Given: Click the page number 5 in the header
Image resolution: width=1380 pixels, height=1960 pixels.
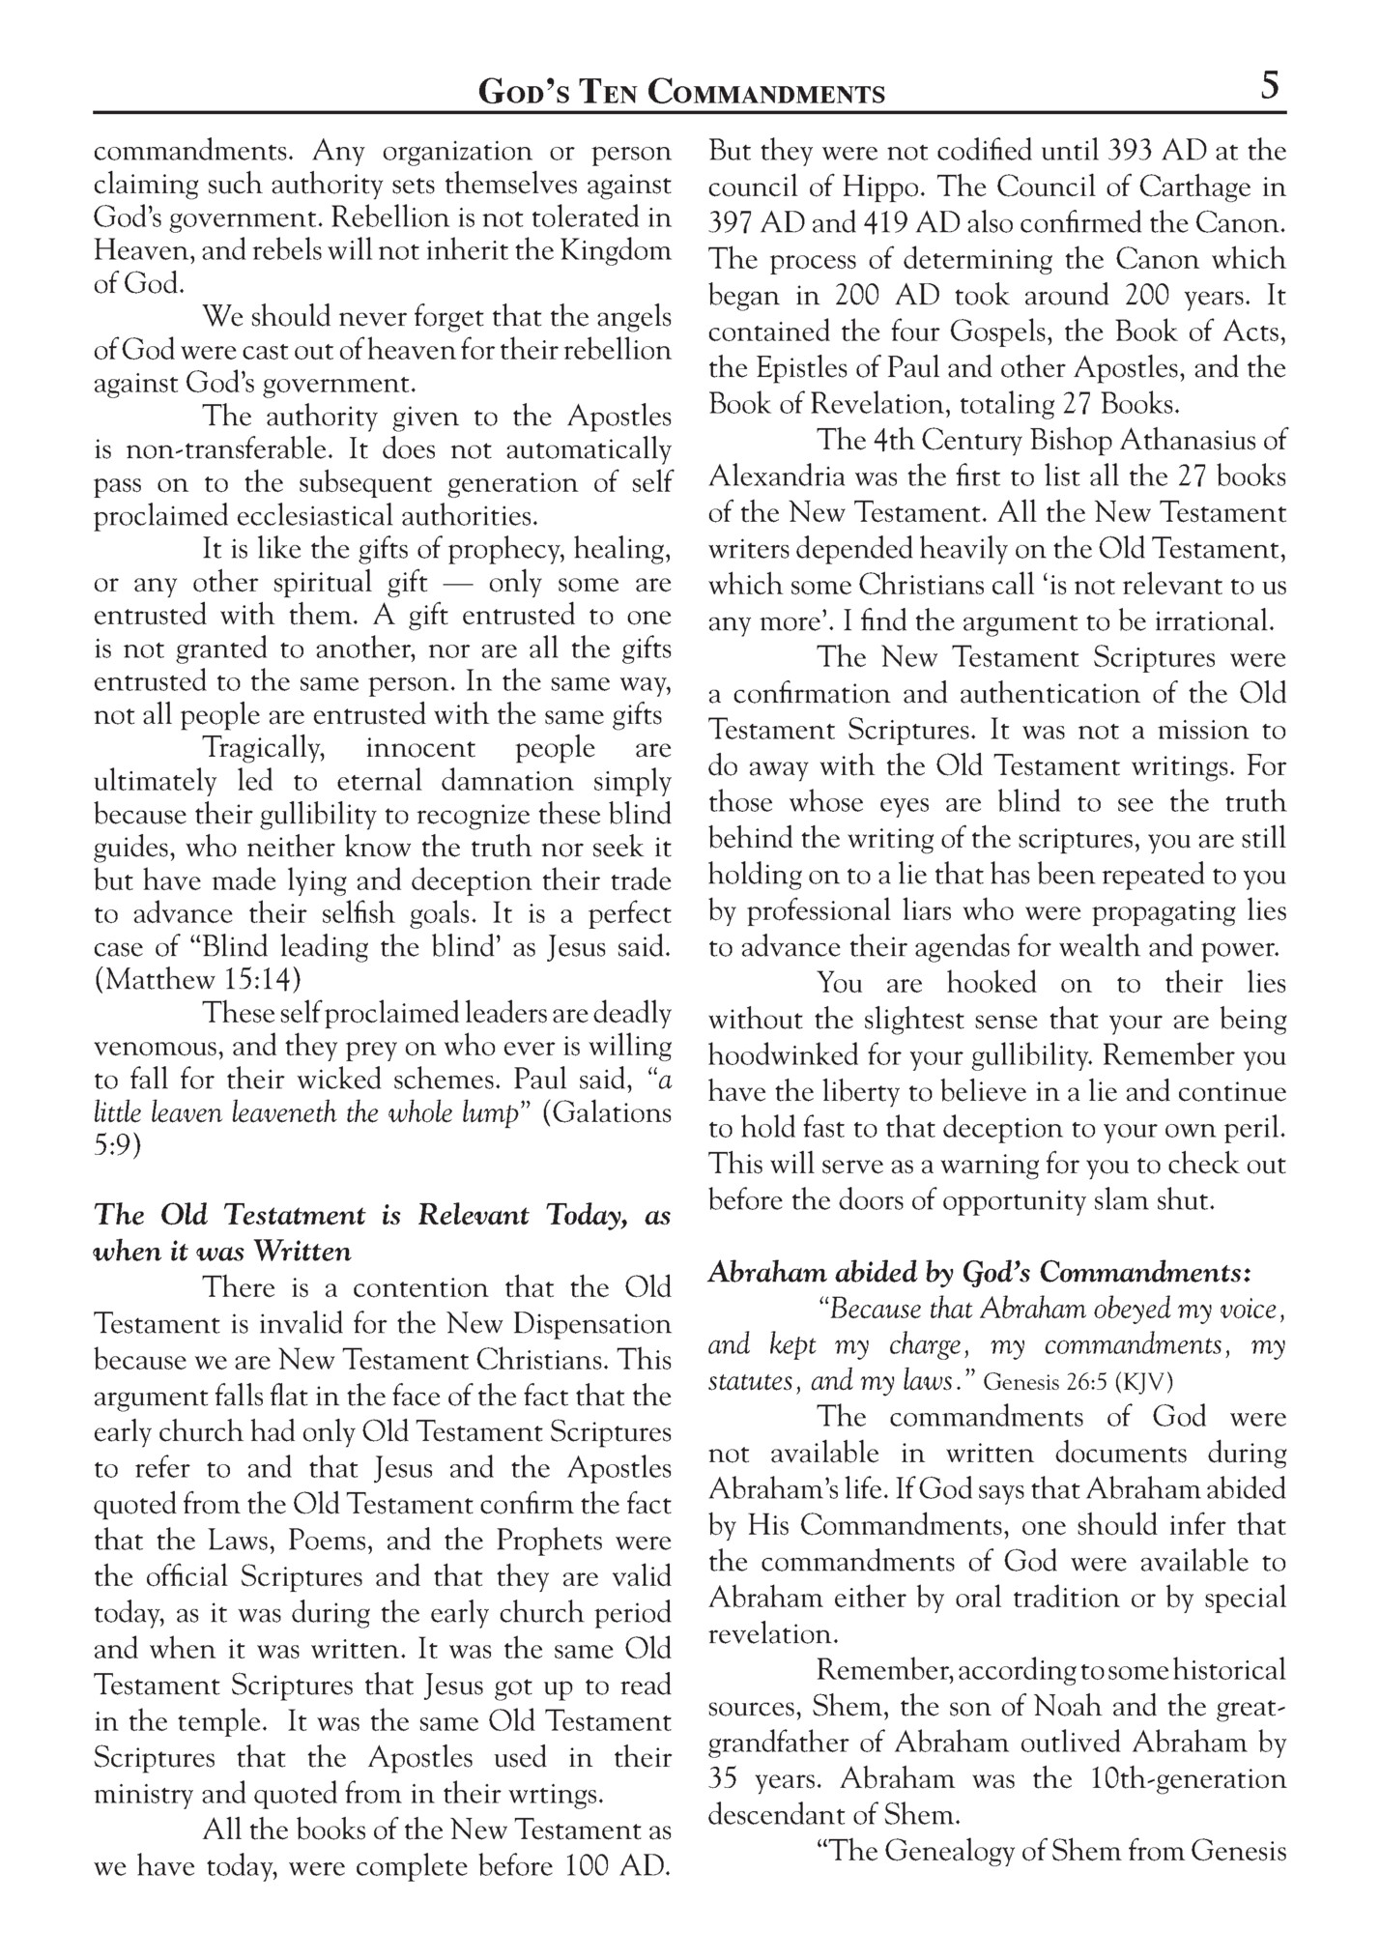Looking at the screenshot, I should point(1270,87).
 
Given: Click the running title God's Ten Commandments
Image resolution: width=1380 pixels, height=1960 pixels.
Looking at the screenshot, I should point(682,93).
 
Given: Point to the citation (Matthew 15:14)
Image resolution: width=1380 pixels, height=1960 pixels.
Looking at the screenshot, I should point(197,979).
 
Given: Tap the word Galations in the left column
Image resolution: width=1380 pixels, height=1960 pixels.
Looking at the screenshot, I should point(606,1112).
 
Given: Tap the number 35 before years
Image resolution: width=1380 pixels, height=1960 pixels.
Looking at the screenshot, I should point(724,1779).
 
